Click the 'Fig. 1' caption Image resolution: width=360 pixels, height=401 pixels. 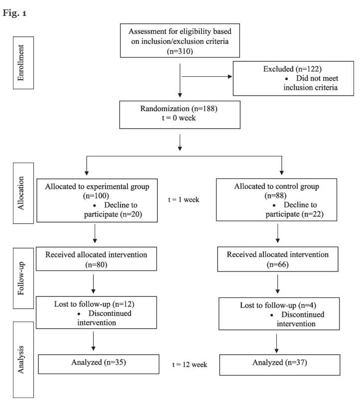tap(14, 13)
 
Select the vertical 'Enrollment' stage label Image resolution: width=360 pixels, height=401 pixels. tap(20, 63)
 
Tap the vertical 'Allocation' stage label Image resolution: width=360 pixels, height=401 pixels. tap(20, 193)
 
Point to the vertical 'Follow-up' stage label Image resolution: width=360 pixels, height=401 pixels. tap(20, 278)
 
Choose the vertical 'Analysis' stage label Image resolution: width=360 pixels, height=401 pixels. tap(20, 360)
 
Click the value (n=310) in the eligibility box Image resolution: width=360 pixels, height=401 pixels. tap(180, 51)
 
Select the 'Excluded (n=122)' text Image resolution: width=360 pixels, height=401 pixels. tap(292, 69)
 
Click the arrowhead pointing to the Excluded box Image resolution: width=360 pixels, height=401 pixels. tap(230, 76)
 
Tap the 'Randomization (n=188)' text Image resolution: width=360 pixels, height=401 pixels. tap(179, 109)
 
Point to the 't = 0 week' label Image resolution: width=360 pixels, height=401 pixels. tap(179, 118)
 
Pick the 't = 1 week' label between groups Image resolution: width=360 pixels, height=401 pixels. tap(184, 199)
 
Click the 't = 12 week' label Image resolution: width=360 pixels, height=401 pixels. tap(190, 365)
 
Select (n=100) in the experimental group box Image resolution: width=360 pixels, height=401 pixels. tap(96, 196)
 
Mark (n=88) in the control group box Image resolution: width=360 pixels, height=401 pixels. tap(276, 195)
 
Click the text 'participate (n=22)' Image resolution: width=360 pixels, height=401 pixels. tap(295, 214)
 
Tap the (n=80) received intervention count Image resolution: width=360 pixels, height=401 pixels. tap(96, 264)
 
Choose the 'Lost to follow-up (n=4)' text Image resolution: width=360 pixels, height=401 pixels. tap(278, 305)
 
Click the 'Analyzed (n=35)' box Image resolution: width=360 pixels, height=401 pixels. tap(99, 364)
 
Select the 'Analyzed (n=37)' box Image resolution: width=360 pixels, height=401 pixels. tap(280, 365)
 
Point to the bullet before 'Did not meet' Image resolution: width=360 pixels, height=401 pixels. tap(287, 79)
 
